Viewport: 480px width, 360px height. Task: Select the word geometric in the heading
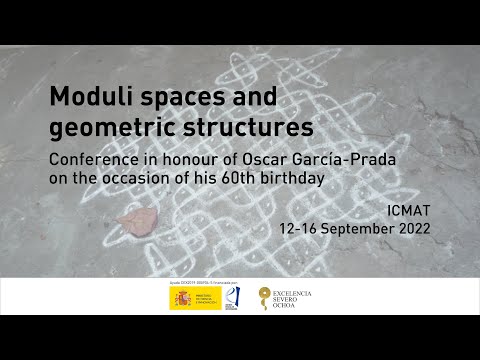pyautogui.click(x=105, y=128)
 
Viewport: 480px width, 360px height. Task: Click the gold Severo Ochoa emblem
pyautogui.click(x=264, y=298)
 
